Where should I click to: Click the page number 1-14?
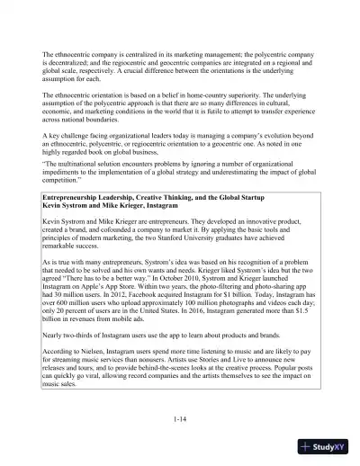179,419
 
